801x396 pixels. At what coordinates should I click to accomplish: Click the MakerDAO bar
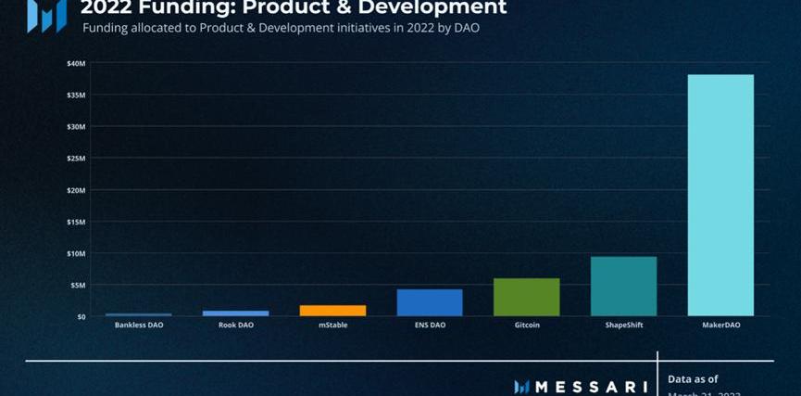(x=720, y=195)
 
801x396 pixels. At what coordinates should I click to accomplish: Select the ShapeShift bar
(x=623, y=286)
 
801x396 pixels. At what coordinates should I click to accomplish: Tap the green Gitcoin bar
(x=526, y=297)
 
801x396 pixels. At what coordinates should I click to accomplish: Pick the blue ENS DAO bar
(x=430, y=302)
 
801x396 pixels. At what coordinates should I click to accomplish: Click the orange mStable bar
(x=332, y=310)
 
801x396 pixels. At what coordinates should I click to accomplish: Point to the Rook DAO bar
(x=235, y=313)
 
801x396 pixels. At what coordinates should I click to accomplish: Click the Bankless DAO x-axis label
(x=139, y=326)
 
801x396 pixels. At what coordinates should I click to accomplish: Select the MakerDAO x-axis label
(x=720, y=326)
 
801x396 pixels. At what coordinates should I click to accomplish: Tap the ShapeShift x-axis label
(x=623, y=326)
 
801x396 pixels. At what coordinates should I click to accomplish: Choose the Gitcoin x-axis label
(x=526, y=326)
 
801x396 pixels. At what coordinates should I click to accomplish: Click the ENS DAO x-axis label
(x=430, y=326)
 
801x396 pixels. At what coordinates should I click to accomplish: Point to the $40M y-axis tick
(x=76, y=63)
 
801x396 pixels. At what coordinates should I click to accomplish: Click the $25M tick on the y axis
(x=76, y=159)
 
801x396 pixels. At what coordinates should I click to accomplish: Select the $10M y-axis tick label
(x=76, y=253)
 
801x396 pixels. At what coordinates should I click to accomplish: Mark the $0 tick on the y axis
(x=81, y=316)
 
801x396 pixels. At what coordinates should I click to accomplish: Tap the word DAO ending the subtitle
(x=465, y=29)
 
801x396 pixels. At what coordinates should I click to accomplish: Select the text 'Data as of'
(x=693, y=378)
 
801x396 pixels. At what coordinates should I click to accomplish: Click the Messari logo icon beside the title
(x=46, y=14)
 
